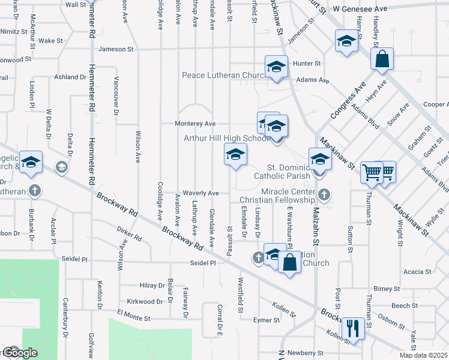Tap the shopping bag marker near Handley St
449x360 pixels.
pos(382,59)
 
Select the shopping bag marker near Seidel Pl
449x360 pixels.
pos(289,262)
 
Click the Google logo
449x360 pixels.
pos(20,353)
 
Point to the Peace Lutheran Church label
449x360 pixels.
pos(228,76)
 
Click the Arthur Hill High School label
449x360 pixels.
pos(226,138)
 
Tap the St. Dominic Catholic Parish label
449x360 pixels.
pos(282,171)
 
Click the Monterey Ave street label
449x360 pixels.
pos(195,124)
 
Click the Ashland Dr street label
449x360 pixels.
pos(70,77)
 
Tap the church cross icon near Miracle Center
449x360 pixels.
pos(324,194)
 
